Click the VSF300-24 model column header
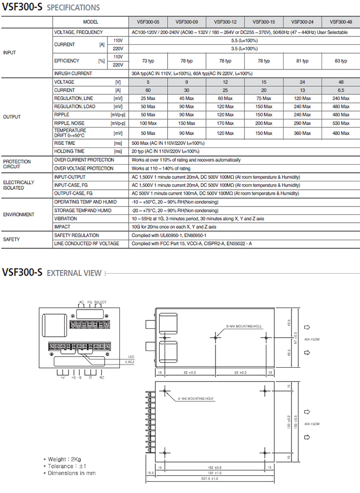[302, 22]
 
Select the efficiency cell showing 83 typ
[341, 61]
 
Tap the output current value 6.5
[341, 90]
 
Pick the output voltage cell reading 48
[341, 82]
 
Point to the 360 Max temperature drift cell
[302, 133]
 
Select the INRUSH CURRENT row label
[73, 73]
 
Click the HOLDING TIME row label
[69, 151]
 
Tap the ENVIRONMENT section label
[19, 214]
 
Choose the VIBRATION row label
[66, 218]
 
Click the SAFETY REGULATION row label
[76, 235]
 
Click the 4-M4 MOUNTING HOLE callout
[196, 398]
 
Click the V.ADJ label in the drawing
[129, 362]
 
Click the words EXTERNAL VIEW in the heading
[74, 273]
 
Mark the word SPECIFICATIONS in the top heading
[73, 7]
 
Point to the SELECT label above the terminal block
[100, 302]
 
